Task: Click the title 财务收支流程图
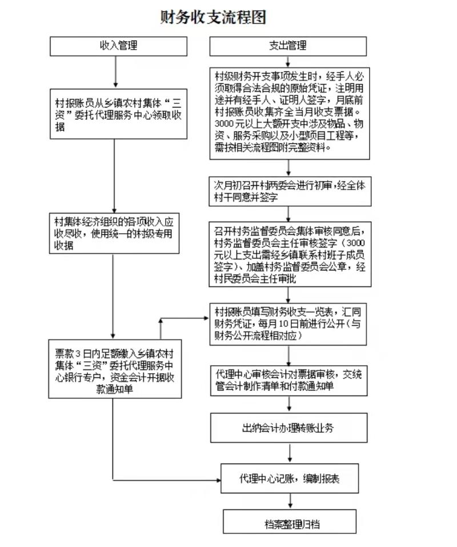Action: [x=213, y=17]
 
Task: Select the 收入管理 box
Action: [x=118, y=46]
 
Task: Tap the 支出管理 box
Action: [x=288, y=46]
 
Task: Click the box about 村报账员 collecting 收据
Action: [x=118, y=114]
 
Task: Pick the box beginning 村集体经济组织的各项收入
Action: [x=114, y=233]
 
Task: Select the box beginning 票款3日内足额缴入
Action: [x=115, y=369]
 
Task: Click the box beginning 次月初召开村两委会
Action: [x=290, y=191]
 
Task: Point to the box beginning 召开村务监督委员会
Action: [x=290, y=254]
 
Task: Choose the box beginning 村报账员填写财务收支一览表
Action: [x=288, y=324]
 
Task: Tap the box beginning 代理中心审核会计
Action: [x=289, y=381]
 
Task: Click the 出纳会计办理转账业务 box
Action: [x=289, y=428]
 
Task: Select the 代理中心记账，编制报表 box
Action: [x=290, y=478]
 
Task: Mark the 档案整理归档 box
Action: [x=290, y=521]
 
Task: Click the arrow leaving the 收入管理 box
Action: [x=116, y=72]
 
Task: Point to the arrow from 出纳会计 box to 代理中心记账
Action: [x=290, y=453]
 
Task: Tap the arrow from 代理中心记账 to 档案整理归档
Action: [x=290, y=501]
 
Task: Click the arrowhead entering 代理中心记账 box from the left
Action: [x=218, y=480]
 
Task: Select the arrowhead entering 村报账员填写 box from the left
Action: [x=207, y=318]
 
